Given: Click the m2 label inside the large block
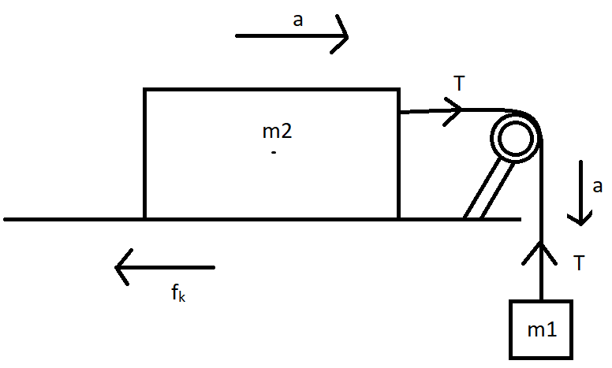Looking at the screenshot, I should (x=277, y=131).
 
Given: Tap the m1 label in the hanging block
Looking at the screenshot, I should (x=543, y=329).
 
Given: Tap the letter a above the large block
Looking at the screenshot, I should (x=298, y=20).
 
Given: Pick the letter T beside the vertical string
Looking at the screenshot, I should (x=580, y=264).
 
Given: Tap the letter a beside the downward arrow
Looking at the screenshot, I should (x=597, y=187).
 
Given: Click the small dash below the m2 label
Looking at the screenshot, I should (x=273, y=151).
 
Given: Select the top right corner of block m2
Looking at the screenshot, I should (x=398, y=89).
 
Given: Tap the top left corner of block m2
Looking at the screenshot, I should (x=144, y=89).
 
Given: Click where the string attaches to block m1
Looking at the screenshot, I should (x=542, y=301).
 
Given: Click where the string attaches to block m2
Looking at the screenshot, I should (x=399, y=113).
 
